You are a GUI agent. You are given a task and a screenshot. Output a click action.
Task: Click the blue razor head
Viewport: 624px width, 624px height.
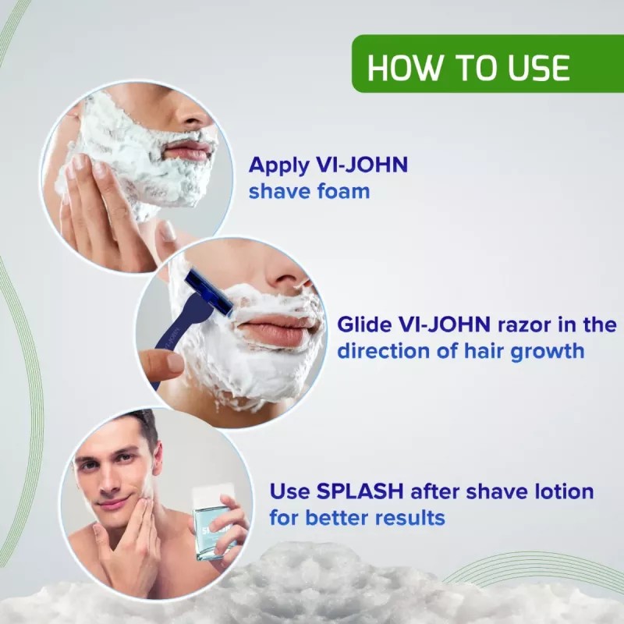pos(207,295)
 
